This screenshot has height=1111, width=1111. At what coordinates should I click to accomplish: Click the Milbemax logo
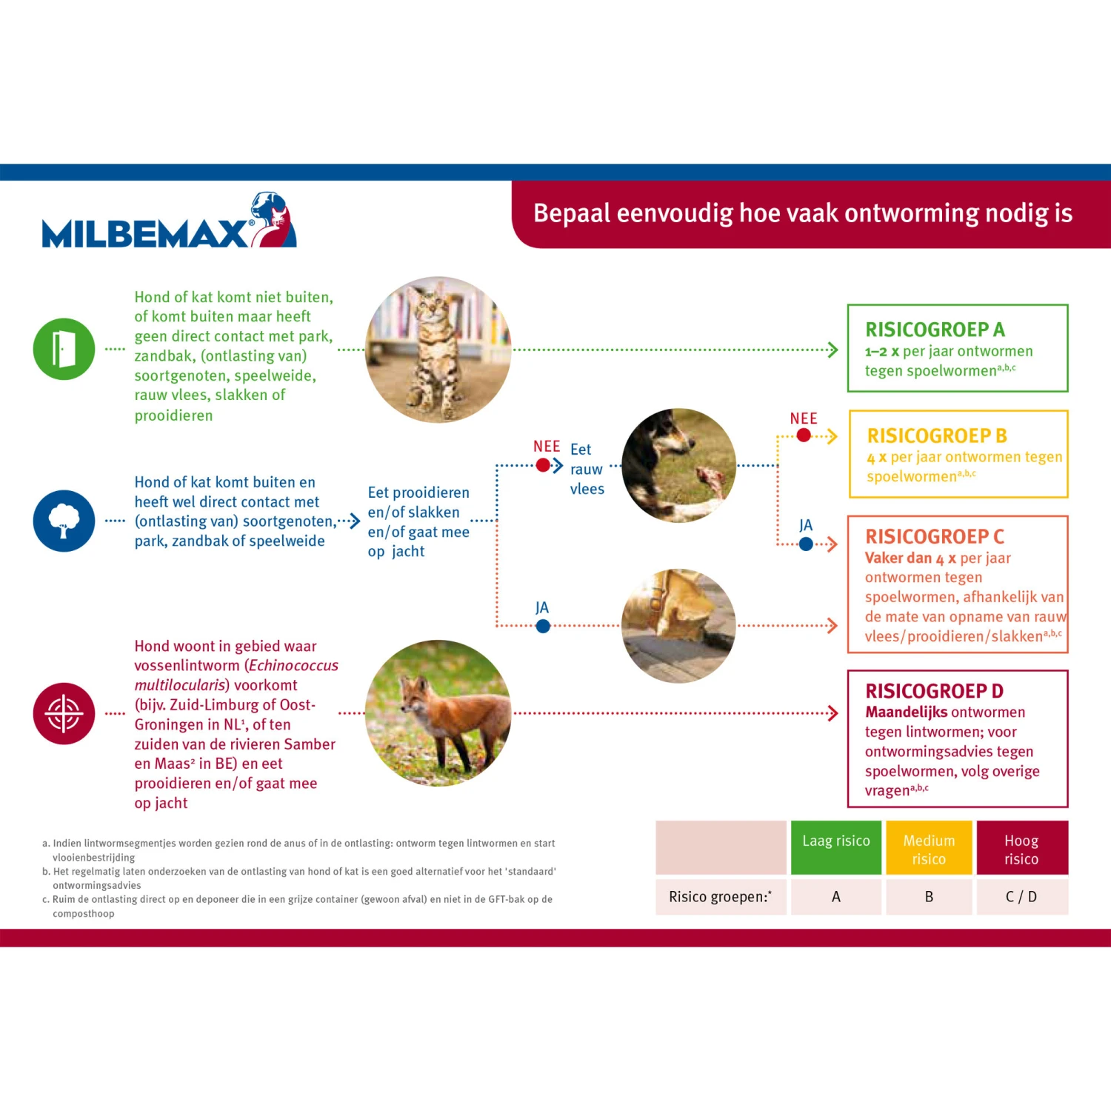(169, 222)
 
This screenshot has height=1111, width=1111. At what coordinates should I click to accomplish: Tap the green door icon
(64, 349)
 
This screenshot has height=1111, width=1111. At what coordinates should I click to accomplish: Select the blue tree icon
(64, 521)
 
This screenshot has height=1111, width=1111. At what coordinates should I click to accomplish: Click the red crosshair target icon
(64, 713)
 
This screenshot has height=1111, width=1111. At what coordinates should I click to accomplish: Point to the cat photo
(438, 350)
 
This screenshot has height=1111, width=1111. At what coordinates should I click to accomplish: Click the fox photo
(438, 713)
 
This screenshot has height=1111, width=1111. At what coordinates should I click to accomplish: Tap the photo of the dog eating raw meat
(679, 465)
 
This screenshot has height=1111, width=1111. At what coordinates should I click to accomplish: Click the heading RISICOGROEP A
(935, 330)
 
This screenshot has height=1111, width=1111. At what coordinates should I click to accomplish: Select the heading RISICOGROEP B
(937, 436)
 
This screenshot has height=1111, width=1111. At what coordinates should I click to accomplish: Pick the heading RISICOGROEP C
(935, 536)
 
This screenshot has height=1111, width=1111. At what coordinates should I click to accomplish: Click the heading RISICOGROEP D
(934, 691)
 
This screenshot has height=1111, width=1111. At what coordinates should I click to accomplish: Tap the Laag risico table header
(836, 841)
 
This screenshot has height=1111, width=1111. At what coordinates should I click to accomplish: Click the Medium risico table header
(929, 850)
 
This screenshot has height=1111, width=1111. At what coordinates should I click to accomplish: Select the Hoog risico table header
(1021, 850)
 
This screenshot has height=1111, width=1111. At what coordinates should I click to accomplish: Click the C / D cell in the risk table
(1021, 897)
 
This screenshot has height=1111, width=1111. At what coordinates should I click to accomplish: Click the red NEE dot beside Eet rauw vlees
(543, 465)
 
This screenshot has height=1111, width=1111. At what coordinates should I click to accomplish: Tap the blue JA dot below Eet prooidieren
(543, 626)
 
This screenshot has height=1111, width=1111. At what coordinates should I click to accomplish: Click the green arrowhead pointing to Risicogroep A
(833, 350)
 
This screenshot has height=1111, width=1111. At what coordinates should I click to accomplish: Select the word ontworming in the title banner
(913, 213)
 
